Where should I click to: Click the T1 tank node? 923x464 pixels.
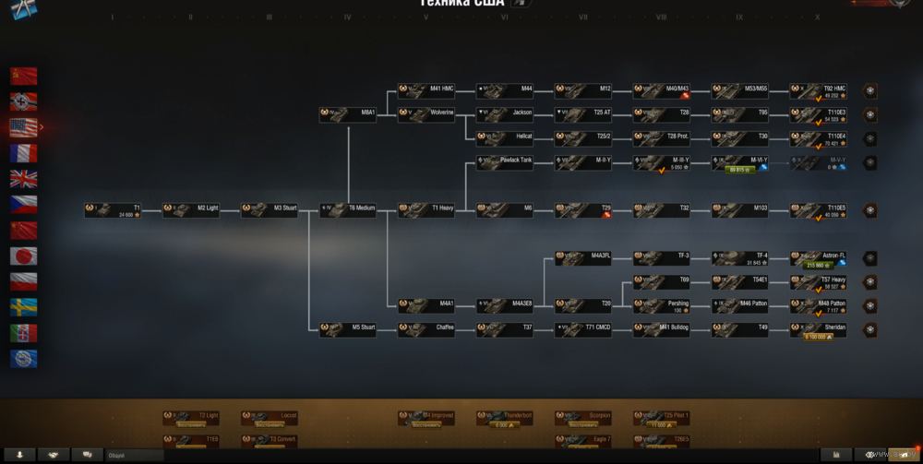point(113,209)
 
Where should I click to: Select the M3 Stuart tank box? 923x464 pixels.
point(270,209)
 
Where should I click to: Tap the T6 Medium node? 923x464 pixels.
point(348,209)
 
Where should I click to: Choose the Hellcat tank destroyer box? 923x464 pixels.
point(505,138)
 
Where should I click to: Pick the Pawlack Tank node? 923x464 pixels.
point(505,162)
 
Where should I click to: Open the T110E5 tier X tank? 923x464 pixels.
point(819,210)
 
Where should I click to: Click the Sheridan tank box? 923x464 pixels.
point(819,329)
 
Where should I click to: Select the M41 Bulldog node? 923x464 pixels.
point(662,328)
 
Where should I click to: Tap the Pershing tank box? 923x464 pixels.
point(662,305)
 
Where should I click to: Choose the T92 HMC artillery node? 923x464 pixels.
point(819,91)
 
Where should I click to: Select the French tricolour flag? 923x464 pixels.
point(23,153)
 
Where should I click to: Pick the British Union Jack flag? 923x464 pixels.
point(23,179)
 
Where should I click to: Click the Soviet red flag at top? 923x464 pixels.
point(23,76)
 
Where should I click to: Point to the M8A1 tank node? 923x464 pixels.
point(348,114)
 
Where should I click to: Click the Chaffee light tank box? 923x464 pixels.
point(426,328)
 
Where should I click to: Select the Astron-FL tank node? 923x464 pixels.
point(819,258)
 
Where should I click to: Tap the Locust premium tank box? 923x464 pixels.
point(270,418)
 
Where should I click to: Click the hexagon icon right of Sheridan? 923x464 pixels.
point(869,329)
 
